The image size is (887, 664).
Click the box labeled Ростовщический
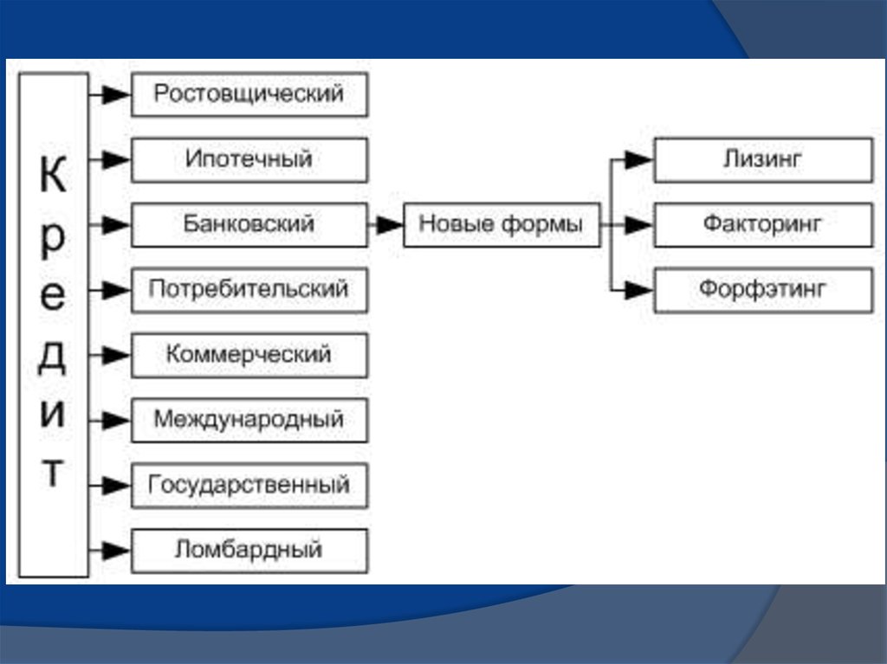(x=249, y=94)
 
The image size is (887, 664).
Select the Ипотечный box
(x=249, y=159)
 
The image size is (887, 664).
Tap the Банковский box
(x=249, y=224)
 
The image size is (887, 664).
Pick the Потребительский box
(x=249, y=290)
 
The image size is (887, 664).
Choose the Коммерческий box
(x=249, y=355)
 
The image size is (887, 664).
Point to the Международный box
(x=249, y=420)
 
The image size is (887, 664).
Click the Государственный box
(x=249, y=486)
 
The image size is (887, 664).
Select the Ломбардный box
(x=249, y=551)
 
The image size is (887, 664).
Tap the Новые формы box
(x=502, y=224)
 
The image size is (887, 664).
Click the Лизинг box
(x=764, y=159)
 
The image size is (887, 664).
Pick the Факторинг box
(x=764, y=224)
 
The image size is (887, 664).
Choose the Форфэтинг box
(x=764, y=290)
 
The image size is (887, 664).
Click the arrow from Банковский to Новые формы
(x=385, y=225)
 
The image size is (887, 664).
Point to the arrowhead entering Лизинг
(x=639, y=160)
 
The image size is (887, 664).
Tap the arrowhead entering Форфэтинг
(x=639, y=290)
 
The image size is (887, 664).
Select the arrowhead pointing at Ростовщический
(x=117, y=94)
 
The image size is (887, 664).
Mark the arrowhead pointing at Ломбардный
(x=117, y=551)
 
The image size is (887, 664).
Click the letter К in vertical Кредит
(x=53, y=174)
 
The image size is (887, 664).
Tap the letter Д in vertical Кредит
(x=53, y=357)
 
